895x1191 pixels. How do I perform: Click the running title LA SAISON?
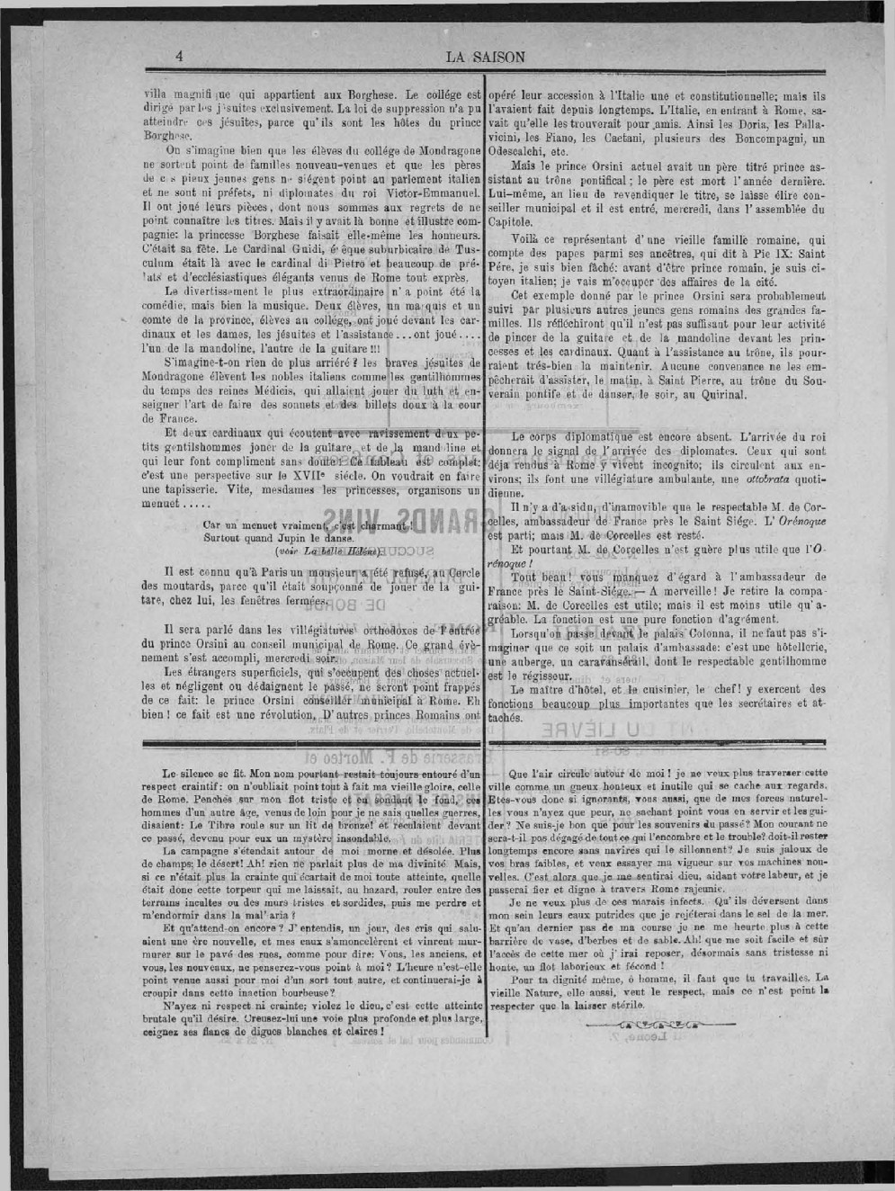pyautogui.click(x=485, y=58)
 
